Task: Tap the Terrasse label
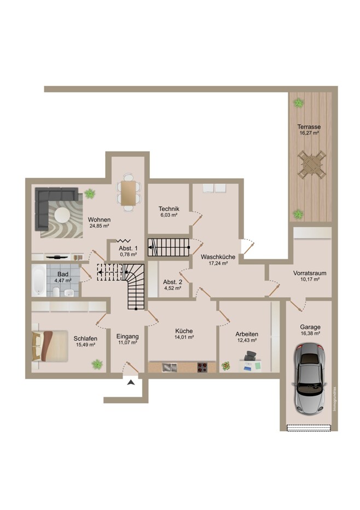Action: click(x=309, y=127)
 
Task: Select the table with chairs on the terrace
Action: click(x=311, y=165)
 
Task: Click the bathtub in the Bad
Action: click(x=39, y=280)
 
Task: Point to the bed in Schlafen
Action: click(x=50, y=346)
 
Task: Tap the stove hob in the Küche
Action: click(x=202, y=367)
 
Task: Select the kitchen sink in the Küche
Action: click(x=170, y=368)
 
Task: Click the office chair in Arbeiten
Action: click(x=249, y=356)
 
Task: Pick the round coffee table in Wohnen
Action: click(x=62, y=216)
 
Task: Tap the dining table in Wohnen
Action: click(x=129, y=193)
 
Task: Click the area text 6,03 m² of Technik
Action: click(x=169, y=215)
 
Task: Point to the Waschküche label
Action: click(x=218, y=257)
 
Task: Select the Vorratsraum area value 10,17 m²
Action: click(x=309, y=279)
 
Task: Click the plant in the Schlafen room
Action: click(x=97, y=364)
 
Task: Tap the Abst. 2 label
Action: click(x=172, y=282)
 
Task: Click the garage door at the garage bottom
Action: click(x=309, y=428)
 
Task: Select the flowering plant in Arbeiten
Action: click(x=226, y=366)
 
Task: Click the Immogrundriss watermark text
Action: click(x=335, y=399)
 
